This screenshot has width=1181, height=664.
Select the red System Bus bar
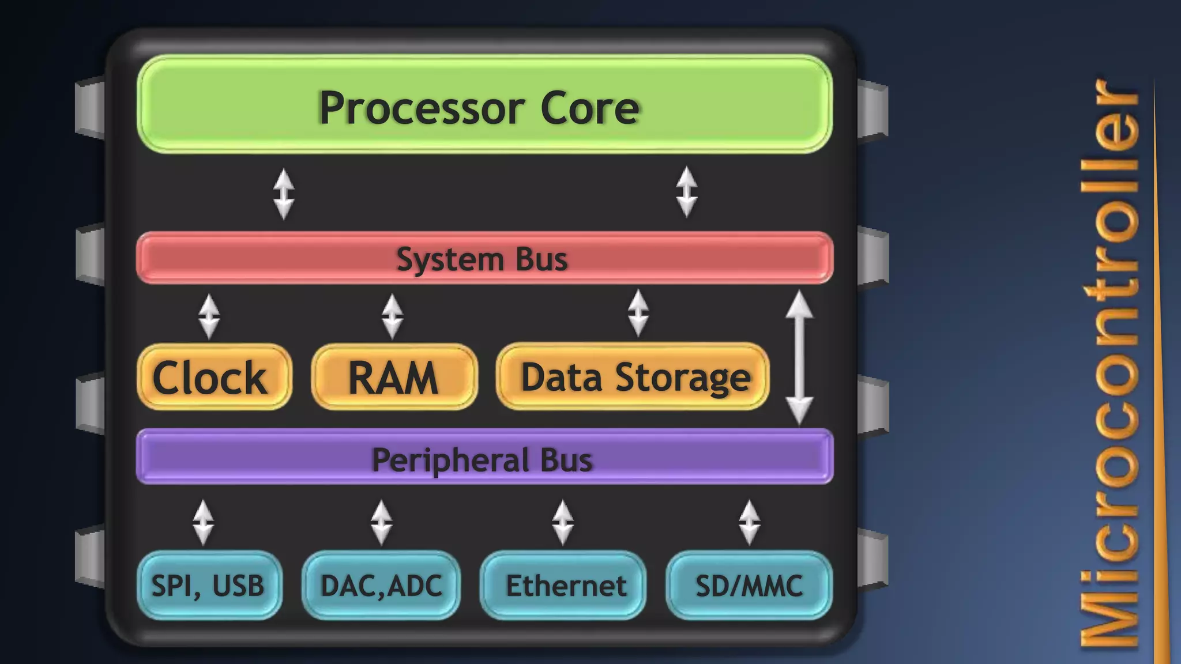(484, 258)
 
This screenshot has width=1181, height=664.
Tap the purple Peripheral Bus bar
(484, 456)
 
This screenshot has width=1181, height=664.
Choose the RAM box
(394, 377)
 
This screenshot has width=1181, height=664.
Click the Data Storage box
(633, 377)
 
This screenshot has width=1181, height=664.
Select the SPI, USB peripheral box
(209, 585)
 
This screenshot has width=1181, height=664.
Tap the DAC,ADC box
(381, 585)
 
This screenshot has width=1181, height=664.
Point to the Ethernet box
(563, 585)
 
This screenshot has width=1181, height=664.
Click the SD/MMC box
(749, 585)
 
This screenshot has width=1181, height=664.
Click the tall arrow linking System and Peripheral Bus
(799, 357)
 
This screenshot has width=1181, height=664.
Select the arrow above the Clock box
(209, 316)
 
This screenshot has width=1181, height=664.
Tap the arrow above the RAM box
(392, 316)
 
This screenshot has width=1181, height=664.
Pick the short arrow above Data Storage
(638, 313)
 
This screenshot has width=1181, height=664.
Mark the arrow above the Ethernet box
(563, 522)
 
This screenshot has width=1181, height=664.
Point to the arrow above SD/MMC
(749, 522)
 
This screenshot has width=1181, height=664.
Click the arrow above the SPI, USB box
(203, 522)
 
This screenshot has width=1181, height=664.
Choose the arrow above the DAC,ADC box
(381, 522)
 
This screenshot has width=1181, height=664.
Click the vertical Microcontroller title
(1108, 363)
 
